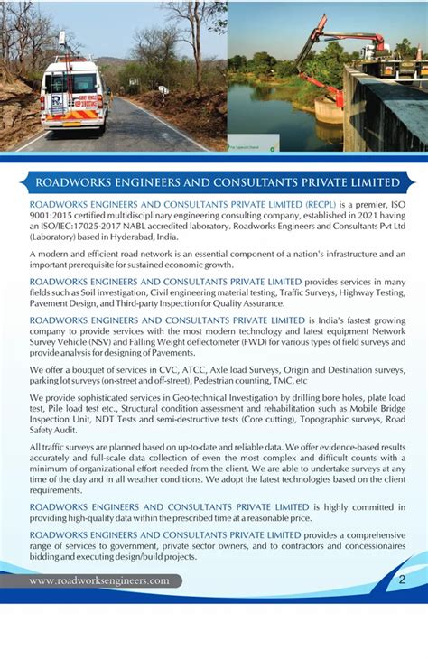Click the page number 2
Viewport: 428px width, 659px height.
click(x=402, y=579)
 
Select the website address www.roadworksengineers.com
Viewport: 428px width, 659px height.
click(x=99, y=581)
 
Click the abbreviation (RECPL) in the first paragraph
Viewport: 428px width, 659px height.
click(x=319, y=205)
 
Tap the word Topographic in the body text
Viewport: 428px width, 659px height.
click(x=293, y=419)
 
